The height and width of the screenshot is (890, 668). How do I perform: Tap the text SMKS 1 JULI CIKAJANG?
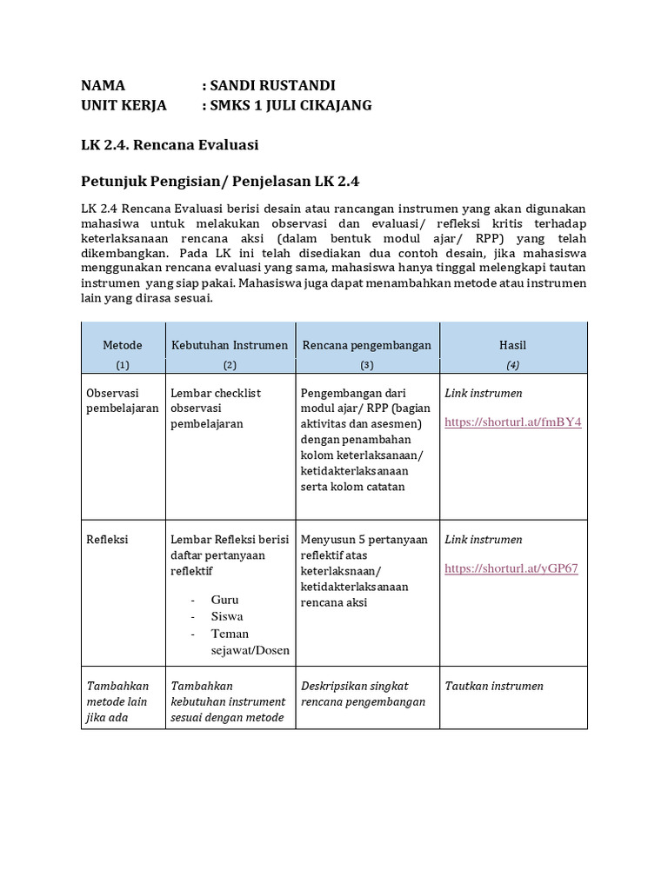pyautogui.click(x=291, y=105)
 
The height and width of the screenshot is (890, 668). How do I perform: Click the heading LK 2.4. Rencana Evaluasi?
pyautogui.click(x=170, y=144)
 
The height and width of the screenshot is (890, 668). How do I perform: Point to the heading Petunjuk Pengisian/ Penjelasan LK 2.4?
pyautogui.click(x=220, y=182)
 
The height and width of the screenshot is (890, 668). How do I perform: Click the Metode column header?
pyautogui.click(x=123, y=345)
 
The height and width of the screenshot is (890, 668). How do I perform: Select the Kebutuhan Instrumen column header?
pyautogui.click(x=230, y=345)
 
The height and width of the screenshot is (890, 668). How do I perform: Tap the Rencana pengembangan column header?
pyautogui.click(x=366, y=345)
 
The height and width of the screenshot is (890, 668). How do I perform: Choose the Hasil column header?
pyautogui.click(x=512, y=345)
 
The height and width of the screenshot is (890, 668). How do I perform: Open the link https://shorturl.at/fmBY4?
pyautogui.click(x=512, y=422)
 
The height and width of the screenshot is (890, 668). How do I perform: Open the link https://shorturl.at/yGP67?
pyautogui.click(x=511, y=568)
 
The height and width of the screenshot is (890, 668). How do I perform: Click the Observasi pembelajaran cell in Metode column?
pyautogui.click(x=123, y=401)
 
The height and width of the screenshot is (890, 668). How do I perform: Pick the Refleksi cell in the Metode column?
pyautogui.click(x=107, y=540)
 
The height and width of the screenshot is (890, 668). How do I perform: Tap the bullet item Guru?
pyautogui.click(x=224, y=600)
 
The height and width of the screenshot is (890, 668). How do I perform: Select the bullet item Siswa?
pyautogui.click(x=226, y=616)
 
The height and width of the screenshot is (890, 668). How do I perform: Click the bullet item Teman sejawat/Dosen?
pyautogui.click(x=250, y=641)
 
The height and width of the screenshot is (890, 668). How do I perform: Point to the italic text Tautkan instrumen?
pyautogui.click(x=493, y=686)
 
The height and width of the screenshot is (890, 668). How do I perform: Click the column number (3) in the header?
pyautogui.click(x=366, y=366)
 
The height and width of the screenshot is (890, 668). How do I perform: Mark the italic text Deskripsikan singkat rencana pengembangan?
pyautogui.click(x=363, y=694)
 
